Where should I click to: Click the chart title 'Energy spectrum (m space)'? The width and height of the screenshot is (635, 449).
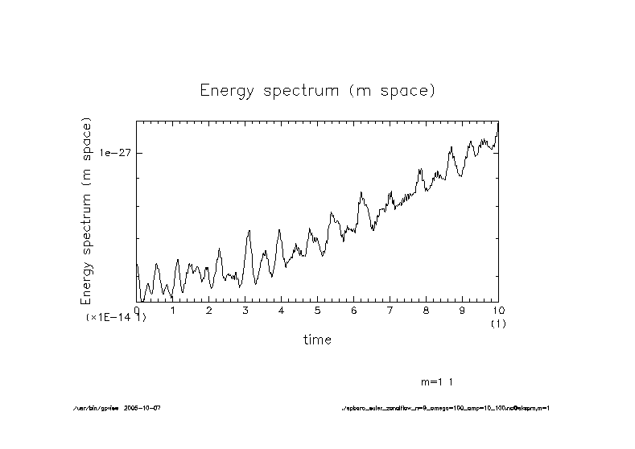click(x=317, y=90)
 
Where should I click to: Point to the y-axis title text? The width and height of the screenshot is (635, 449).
click(x=87, y=211)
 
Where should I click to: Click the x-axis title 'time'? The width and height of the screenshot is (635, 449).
click(x=317, y=340)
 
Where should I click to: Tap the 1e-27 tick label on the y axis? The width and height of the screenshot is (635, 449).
click(x=114, y=152)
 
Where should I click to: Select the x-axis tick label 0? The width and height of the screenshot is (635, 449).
click(x=137, y=310)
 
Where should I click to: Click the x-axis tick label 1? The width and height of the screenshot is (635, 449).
click(x=172, y=310)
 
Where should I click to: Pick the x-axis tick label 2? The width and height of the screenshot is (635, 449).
click(x=208, y=310)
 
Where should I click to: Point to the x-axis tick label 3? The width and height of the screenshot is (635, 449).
click(x=245, y=310)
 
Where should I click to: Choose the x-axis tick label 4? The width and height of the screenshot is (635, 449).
click(x=281, y=310)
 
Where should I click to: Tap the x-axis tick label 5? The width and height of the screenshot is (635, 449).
click(x=317, y=310)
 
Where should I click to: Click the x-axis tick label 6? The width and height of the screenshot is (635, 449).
click(x=353, y=310)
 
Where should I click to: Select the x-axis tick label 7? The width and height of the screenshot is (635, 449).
click(x=390, y=310)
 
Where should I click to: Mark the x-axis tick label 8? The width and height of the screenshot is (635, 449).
click(x=426, y=310)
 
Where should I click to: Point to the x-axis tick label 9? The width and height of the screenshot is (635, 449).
click(x=462, y=310)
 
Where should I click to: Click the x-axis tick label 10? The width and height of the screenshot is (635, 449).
click(x=497, y=310)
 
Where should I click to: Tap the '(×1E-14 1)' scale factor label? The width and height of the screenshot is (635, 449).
click(x=116, y=318)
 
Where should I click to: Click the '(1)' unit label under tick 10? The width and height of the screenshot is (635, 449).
click(x=497, y=323)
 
